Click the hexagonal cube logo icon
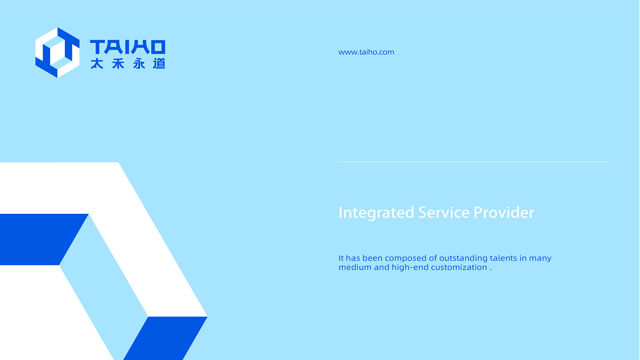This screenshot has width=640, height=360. coord(57,53)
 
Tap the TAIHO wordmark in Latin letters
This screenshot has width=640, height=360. coord(128,47)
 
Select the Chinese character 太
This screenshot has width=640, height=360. coord(97,64)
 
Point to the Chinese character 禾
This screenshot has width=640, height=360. coord(118,64)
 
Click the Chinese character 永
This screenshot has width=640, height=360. coord(139,64)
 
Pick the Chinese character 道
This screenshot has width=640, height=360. coord(159,64)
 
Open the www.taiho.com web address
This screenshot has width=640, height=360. coord(366,52)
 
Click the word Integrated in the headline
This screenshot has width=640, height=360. coord(376,213)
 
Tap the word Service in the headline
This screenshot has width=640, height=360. coord(444,213)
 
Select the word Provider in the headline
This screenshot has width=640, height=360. coord(504,213)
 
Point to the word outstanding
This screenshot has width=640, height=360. coord(463,258)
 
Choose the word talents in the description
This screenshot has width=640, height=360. coord(503,258)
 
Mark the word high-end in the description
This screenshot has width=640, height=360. coord(410,268)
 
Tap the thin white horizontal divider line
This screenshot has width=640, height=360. coord(474,162)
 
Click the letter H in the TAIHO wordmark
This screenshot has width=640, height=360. coord(142,47)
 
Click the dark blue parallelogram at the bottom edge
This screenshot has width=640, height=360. coord(165,338)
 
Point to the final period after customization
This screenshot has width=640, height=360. coord(491,270)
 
